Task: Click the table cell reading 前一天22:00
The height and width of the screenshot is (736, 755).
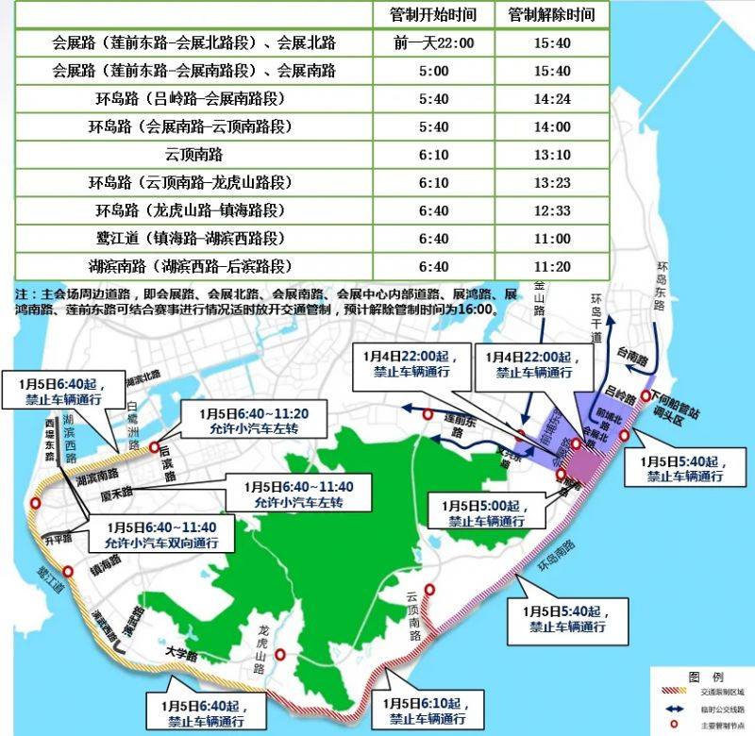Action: pyautogui.click(x=433, y=43)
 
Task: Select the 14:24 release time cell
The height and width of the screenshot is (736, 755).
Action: pyautogui.click(x=552, y=98)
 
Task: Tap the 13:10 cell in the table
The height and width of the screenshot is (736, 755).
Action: pyautogui.click(x=552, y=154)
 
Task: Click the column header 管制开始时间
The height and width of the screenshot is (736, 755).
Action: pyautogui.click(x=433, y=15)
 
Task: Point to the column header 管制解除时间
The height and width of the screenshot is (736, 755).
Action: pyautogui.click(x=552, y=15)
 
